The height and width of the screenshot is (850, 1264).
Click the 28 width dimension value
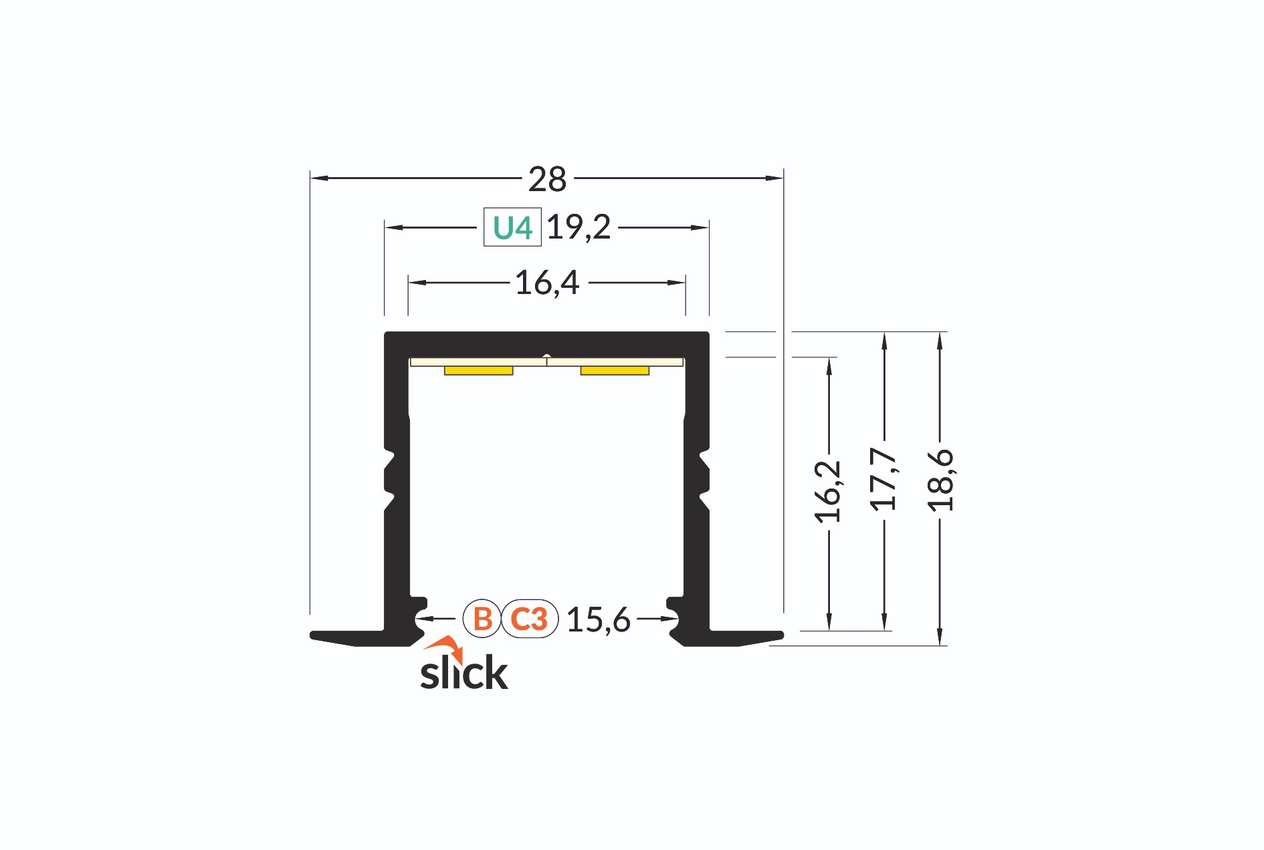tap(547, 179)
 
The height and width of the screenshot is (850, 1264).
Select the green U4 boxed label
tap(512, 228)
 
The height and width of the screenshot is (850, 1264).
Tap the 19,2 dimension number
tap(578, 227)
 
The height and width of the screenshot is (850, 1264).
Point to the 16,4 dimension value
tap(547, 283)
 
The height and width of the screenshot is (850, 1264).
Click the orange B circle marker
tap(482, 619)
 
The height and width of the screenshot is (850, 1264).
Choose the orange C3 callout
tap(530, 619)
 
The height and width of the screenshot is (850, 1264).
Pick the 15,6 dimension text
tap(599, 619)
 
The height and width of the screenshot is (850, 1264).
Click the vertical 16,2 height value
tap(828, 491)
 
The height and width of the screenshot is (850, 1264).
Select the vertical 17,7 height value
tap(883, 479)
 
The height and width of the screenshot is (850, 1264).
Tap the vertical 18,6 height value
tap(940, 480)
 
